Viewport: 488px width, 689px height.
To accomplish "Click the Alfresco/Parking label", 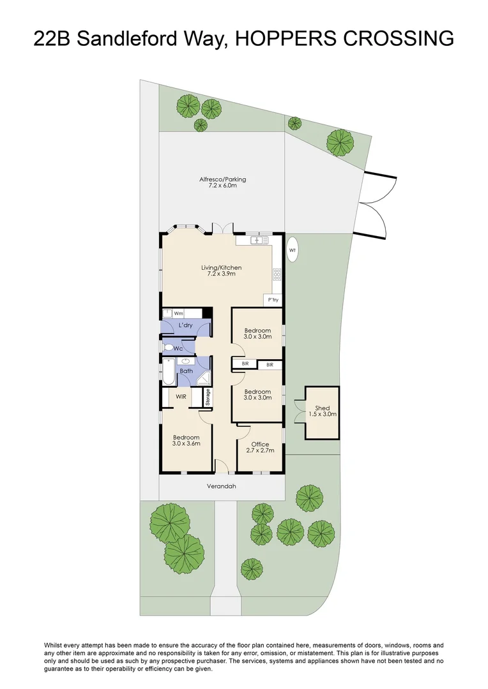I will point(222,183).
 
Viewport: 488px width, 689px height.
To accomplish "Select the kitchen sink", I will point(258,241).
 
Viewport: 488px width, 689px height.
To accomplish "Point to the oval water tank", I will point(293,249).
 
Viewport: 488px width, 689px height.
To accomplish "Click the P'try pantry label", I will point(273,300).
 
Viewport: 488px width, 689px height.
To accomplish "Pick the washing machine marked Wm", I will point(178,313).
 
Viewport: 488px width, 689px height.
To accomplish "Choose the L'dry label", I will point(185,325).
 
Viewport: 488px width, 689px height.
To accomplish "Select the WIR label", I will point(181,396).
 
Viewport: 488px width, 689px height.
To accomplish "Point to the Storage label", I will point(208,397).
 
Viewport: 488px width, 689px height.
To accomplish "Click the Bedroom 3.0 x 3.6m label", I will point(186,440).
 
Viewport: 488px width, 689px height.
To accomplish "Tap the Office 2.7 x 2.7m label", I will point(260,447).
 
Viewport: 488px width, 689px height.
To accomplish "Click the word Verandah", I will point(221,486).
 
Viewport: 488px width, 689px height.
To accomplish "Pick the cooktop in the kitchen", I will point(277,275).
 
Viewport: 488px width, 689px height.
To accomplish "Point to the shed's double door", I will point(299,413).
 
